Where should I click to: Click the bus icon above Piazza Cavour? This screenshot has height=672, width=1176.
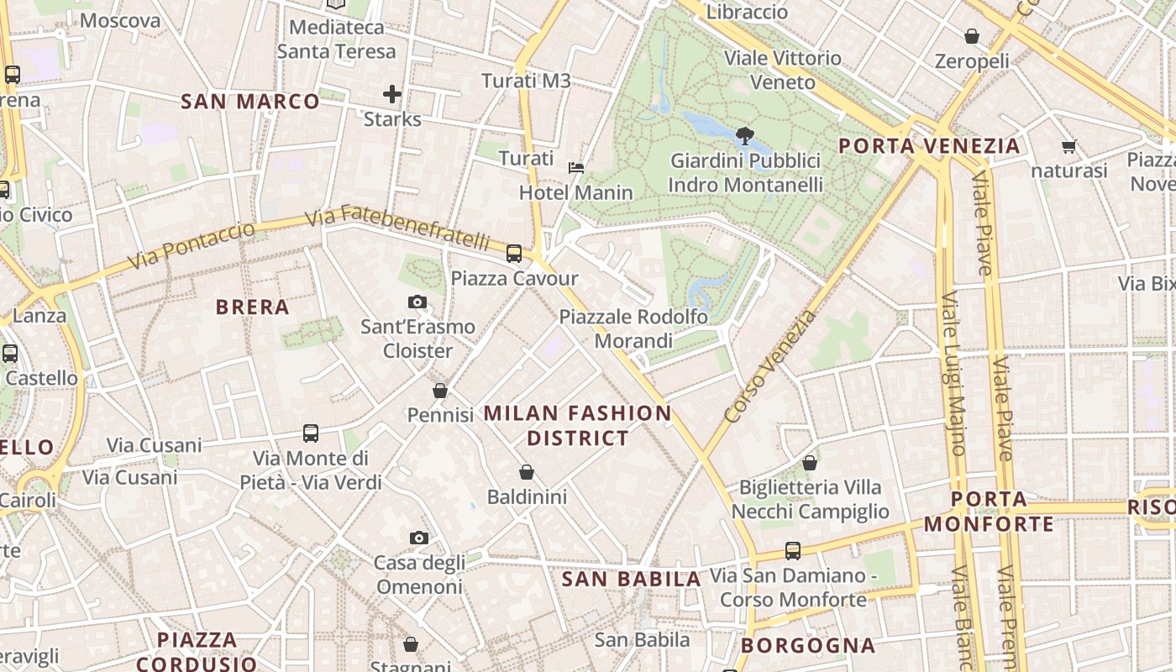pos(513,253)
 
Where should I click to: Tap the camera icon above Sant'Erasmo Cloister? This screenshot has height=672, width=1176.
pos(417,302)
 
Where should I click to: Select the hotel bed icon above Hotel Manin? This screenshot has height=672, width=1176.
pos(576,168)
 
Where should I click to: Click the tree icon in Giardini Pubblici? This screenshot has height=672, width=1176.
pos(744,135)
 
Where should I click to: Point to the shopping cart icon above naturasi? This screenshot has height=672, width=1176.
pos(1068,147)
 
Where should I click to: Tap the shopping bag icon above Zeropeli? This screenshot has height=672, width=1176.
pos(972,37)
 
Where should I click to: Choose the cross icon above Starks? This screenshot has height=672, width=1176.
pos(392,94)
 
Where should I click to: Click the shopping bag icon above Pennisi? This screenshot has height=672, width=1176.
pos(440,391)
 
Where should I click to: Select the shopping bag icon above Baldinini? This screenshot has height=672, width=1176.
pos(527,472)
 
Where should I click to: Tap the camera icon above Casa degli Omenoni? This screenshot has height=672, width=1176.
pos(418,538)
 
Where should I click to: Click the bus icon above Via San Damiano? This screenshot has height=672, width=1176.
pos(792,551)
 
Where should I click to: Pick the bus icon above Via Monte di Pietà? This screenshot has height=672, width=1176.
pos(311,433)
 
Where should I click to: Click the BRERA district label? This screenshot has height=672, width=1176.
pos(253,307)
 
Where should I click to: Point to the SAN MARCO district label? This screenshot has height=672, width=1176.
pos(250,102)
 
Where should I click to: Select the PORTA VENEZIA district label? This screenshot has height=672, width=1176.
pos(929,146)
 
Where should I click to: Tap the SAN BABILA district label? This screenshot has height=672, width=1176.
pos(631,579)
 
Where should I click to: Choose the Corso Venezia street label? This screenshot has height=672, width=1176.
pos(770,365)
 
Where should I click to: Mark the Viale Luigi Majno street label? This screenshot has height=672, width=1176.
pos(953,374)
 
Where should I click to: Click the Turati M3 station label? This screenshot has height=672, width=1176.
pos(526,81)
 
